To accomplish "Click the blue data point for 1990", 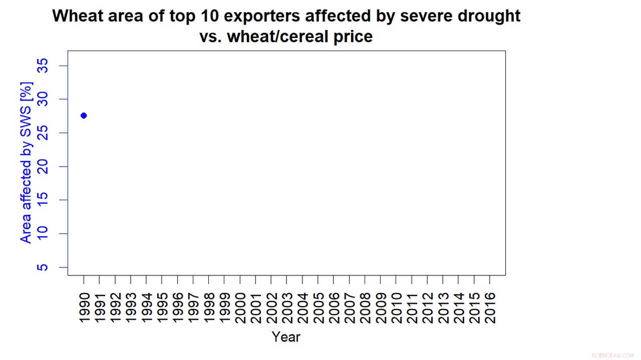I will [x=84, y=116].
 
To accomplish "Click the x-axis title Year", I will [x=286, y=337].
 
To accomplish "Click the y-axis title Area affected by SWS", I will [x=26, y=163].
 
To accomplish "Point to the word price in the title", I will [x=353, y=37].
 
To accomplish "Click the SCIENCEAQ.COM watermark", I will [x=612, y=355].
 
